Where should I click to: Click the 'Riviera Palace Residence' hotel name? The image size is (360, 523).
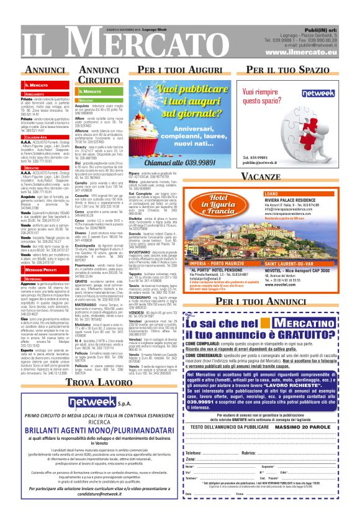tap(286, 201)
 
